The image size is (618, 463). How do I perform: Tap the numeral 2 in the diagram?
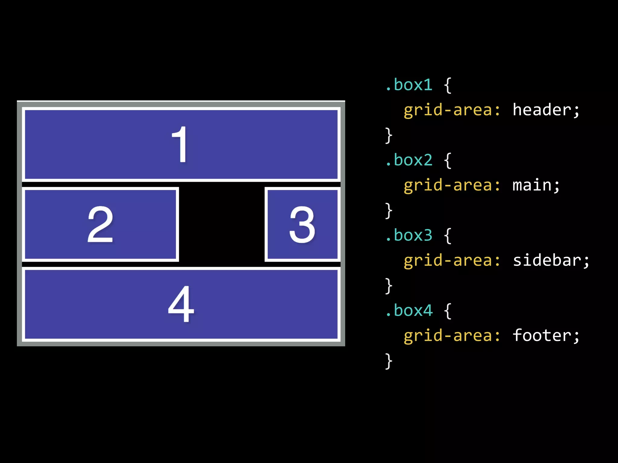pyautogui.click(x=100, y=224)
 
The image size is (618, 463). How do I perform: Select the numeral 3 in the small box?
pyautogui.click(x=302, y=224)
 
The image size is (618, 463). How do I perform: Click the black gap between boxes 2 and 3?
pyautogui.click(x=222, y=224)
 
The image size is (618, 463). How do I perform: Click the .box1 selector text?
pyautogui.click(x=409, y=85)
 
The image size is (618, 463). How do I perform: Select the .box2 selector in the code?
pyautogui.click(x=409, y=160)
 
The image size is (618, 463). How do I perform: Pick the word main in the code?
pyautogui.click(x=532, y=185)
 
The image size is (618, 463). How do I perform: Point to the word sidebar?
pyautogui.click(x=547, y=260)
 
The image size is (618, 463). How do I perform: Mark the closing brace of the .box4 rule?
pyautogui.click(x=389, y=361)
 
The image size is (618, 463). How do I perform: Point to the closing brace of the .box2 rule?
pyautogui.click(x=389, y=211)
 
